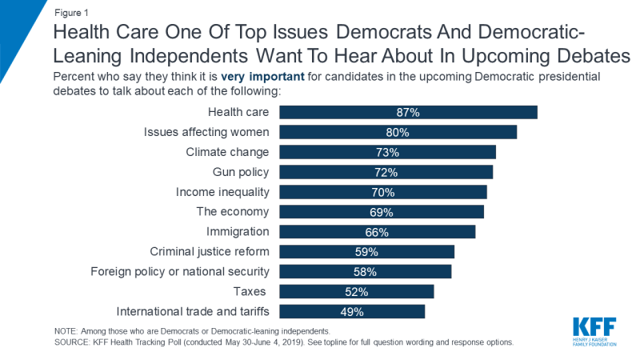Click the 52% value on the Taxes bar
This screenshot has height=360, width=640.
[x=357, y=291]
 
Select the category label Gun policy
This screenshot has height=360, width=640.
[x=241, y=172]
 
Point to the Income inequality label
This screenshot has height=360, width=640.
[x=222, y=192]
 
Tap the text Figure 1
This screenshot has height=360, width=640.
[x=72, y=13]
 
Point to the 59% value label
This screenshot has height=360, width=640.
[x=366, y=252]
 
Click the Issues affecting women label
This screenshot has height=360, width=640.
[x=206, y=132]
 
